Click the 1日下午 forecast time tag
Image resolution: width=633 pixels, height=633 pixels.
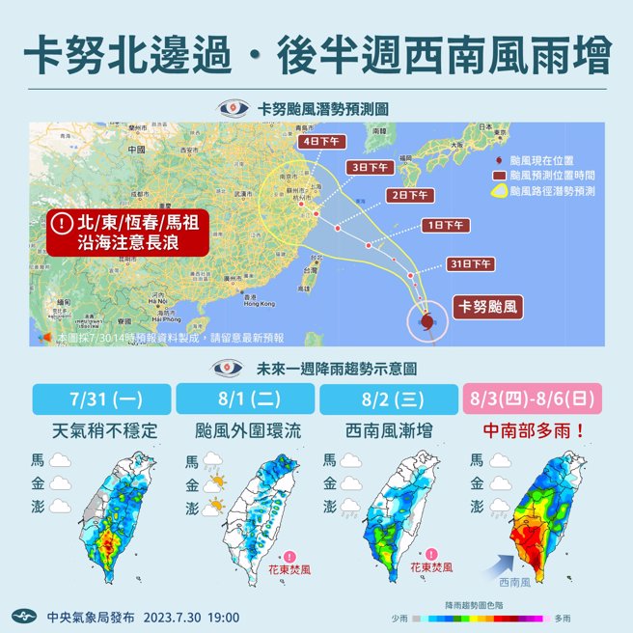tap(446, 226)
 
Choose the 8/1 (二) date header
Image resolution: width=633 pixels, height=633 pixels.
tap(245, 399)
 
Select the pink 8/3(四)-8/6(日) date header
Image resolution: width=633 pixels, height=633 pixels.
tap(530, 399)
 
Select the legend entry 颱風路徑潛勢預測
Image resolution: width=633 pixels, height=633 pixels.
tap(550, 191)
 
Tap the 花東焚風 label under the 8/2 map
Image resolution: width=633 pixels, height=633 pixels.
tap(429, 567)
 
